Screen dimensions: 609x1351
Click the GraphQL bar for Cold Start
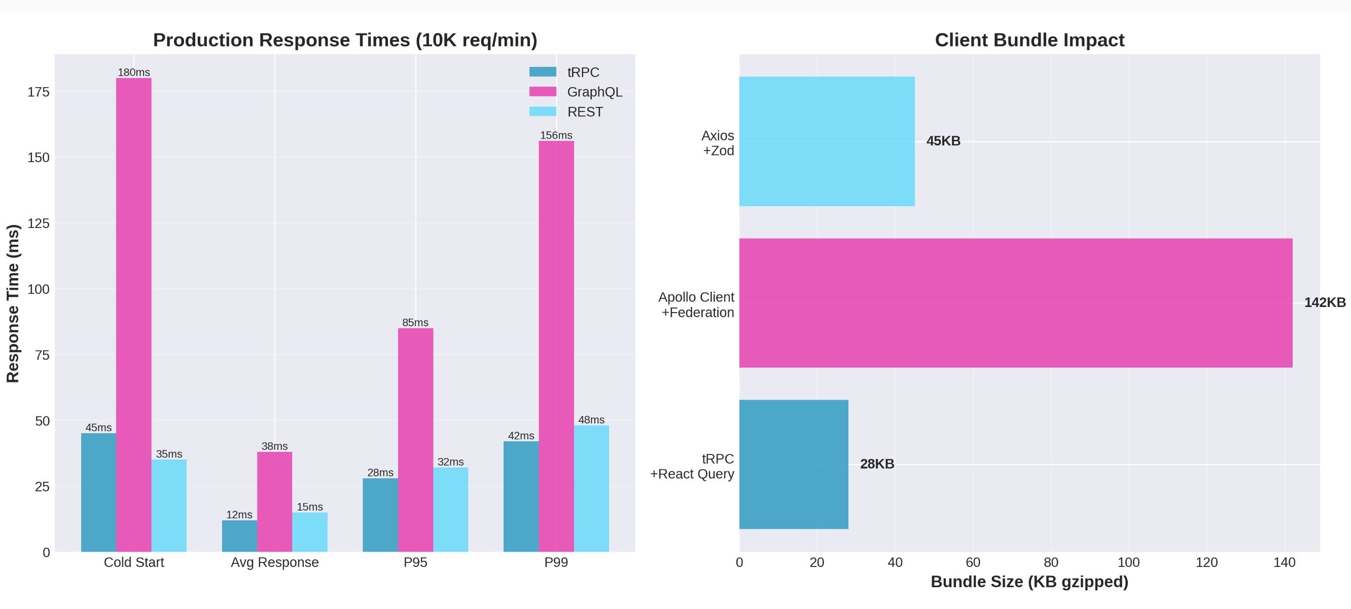(x=134, y=315)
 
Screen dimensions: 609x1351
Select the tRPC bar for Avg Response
(x=239, y=536)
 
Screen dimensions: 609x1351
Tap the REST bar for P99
(x=591, y=488)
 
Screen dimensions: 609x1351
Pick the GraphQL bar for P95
(x=415, y=440)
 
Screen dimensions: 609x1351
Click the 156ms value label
(x=556, y=135)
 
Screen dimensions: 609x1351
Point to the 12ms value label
(x=239, y=515)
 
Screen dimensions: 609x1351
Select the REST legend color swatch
(x=542, y=111)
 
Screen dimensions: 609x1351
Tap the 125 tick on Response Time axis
(x=38, y=224)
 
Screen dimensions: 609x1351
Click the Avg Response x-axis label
(x=274, y=562)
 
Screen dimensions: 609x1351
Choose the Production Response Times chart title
(x=345, y=41)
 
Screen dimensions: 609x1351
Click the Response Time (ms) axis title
(x=13, y=303)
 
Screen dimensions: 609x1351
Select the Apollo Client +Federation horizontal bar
(x=1015, y=303)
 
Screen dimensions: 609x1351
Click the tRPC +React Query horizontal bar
(x=794, y=464)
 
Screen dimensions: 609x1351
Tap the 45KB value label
(x=943, y=141)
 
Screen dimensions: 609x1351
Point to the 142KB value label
(x=1324, y=303)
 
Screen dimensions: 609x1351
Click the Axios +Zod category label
(x=718, y=143)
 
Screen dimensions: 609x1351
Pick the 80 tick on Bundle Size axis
(x=1050, y=562)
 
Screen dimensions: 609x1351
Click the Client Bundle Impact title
(x=1029, y=41)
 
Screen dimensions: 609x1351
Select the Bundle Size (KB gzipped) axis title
(x=1029, y=582)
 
